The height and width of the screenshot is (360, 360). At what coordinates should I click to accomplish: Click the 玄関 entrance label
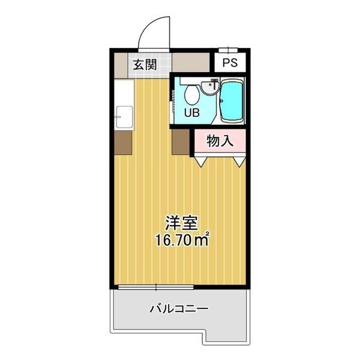point(145,65)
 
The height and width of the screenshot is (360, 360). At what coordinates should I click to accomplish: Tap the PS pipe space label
point(230,62)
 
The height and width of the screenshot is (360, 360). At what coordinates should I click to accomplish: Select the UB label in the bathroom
point(192,113)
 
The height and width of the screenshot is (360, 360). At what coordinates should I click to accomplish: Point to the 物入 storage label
point(220,141)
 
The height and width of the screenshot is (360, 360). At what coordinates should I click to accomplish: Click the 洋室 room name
point(182,223)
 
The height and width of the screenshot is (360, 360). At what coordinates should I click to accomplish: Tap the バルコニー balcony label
point(179,309)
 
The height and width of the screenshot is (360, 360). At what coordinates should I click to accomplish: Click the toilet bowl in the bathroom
point(192,95)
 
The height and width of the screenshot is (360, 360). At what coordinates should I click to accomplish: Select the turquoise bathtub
point(232,101)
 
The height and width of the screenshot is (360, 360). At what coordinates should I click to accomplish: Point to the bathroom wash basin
point(210,87)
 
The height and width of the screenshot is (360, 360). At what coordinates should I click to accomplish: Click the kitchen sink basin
point(124,116)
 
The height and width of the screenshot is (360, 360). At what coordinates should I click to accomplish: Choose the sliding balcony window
point(156,287)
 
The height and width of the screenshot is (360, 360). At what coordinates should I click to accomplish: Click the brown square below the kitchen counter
point(123,143)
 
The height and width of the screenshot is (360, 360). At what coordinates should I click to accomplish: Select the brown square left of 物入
point(181,142)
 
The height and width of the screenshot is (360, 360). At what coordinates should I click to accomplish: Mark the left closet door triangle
point(201,162)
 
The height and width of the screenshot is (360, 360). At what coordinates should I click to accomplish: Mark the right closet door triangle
point(239,162)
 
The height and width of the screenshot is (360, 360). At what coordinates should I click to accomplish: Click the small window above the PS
point(228,50)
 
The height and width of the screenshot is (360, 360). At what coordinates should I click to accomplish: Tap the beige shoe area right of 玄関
point(191,62)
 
